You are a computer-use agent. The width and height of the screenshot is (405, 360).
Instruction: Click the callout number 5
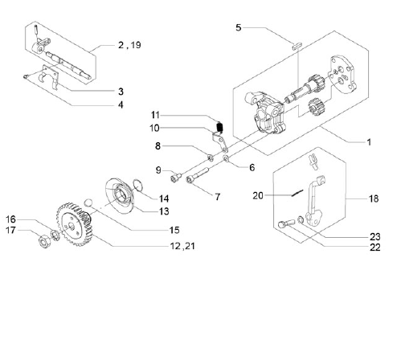(239, 27)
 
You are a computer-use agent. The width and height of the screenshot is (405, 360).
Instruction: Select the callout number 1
(369, 142)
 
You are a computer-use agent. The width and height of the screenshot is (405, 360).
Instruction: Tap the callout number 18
(374, 198)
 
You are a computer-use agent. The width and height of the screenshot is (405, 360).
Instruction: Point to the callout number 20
(258, 195)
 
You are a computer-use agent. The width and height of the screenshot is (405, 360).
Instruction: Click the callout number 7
(218, 197)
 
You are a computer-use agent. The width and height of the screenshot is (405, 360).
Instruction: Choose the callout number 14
(164, 198)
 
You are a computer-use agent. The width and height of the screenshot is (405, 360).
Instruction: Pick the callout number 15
(174, 230)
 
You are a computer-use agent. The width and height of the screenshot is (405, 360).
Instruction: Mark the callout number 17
(10, 230)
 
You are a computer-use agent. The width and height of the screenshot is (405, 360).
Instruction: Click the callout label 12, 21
(182, 246)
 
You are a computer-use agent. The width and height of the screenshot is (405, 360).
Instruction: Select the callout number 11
(155, 115)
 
